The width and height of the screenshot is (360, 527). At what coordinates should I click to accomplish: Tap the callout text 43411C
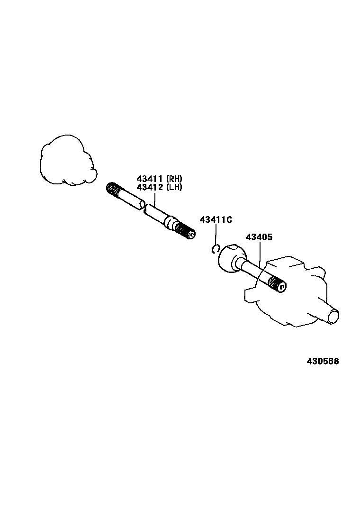point(216,219)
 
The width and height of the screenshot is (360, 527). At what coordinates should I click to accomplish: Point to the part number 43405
point(259,237)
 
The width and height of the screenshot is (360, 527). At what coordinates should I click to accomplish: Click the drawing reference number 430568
point(322,361)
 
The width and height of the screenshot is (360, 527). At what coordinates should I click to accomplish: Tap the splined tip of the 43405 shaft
point(277,284)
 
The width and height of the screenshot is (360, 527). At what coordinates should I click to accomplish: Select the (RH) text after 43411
point(174,179)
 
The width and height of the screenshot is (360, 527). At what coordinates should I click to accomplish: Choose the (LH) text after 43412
point(174,187)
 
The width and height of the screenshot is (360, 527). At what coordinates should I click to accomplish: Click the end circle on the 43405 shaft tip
point(283,287)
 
